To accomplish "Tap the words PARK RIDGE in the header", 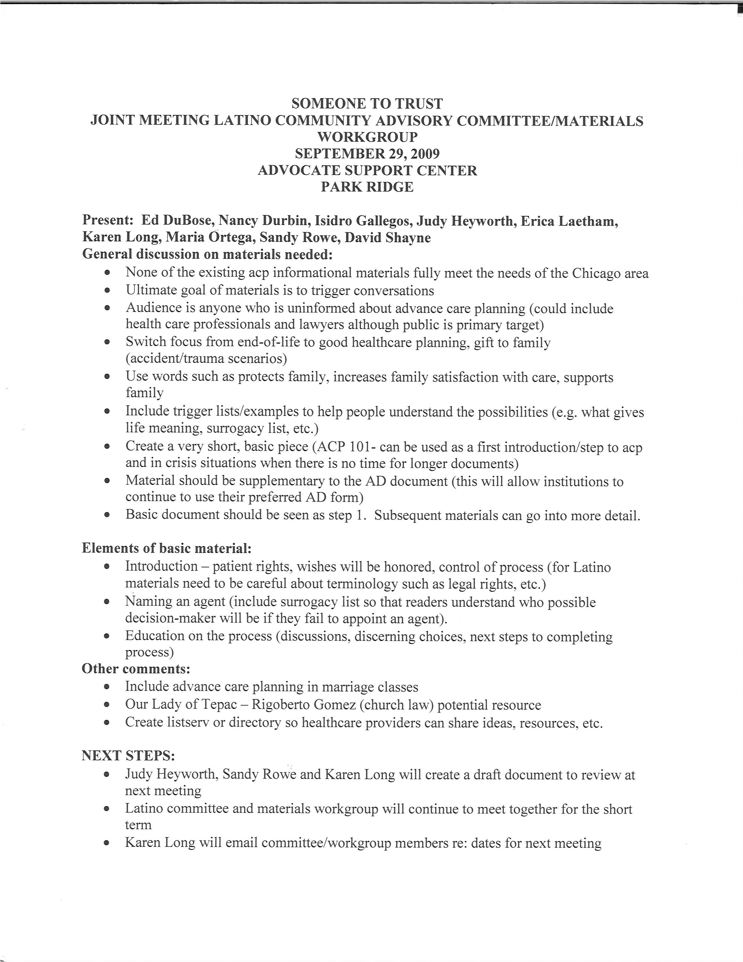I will (x=367, y=187).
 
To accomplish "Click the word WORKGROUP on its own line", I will (x=367, y=137).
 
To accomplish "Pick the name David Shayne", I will (x=387, y=238).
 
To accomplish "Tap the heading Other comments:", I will (x=136, y=669).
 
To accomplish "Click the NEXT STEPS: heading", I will (x=128, y=756).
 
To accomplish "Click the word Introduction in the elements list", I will (x=161, y=567).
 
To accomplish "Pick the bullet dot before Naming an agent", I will (x=107, y=602).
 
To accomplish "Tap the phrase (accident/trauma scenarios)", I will (x=207, y=359).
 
